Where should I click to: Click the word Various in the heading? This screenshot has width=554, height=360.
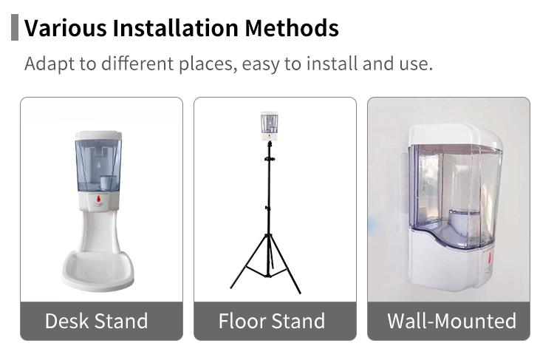[65, 28]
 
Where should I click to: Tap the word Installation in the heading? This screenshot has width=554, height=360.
[176, 28]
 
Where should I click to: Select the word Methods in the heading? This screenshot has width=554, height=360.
[292, 28]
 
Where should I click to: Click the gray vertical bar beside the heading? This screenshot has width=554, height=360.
[15, 27]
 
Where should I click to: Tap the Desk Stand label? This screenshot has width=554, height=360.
[97, 321]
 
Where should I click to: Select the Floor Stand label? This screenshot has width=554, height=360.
[272, 321]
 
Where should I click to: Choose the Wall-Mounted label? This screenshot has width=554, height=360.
[452, 321]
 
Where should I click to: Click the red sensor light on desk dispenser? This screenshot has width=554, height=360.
[99, 200]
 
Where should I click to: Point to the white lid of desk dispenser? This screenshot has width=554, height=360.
[98, 135]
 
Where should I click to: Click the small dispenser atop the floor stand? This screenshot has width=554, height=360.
[269, 126]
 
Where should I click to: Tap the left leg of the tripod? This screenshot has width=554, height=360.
[248, 262]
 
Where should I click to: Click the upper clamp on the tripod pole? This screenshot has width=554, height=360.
[270, 159]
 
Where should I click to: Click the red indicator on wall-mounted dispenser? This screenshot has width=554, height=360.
[489, 259]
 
